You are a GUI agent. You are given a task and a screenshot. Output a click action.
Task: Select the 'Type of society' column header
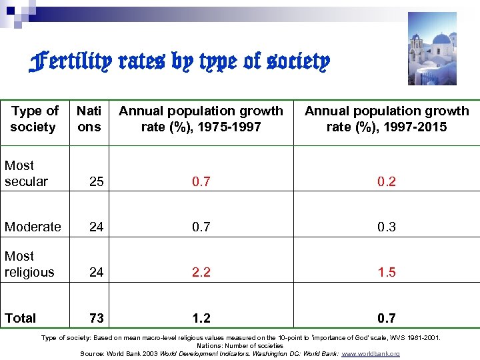[35, 119]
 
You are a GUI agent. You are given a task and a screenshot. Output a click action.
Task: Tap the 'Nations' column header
[89, 119]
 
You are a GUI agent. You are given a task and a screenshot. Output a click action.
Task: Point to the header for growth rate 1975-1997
[201, 119]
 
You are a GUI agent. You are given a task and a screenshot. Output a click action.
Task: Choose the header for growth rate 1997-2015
[387, 119]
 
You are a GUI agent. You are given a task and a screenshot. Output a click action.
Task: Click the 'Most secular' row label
[26, 173]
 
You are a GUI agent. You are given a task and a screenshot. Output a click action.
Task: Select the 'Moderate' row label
[33, 227]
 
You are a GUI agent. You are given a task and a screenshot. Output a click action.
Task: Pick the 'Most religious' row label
[29, 264]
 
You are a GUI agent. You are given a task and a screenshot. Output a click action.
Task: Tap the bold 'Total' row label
[21, 318]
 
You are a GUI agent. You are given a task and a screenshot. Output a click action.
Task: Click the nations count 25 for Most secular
[96, 181]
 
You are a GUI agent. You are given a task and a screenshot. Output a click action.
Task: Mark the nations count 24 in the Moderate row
[96, 227]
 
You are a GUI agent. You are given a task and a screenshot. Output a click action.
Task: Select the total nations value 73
[96, 318]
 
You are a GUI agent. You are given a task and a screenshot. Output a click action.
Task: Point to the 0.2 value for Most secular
[387, 181]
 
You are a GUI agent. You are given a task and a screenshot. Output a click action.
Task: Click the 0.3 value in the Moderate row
[387, 227]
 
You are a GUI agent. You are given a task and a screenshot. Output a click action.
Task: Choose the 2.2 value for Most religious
[201, 272]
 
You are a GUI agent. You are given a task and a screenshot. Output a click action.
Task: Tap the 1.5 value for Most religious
[387, 272]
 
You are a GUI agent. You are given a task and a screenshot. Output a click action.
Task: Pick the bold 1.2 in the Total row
[201, 318]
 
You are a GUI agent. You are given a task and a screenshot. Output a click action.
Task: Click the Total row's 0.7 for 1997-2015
[387, 318]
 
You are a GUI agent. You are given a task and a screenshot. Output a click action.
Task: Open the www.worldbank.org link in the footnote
[371, 353]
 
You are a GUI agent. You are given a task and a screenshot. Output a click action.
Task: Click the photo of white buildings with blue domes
[432, 48]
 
